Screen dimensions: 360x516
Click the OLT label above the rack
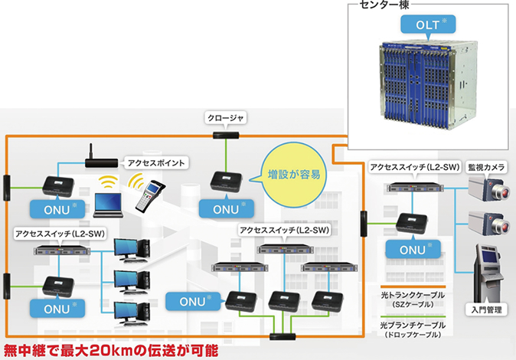(429, 24)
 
